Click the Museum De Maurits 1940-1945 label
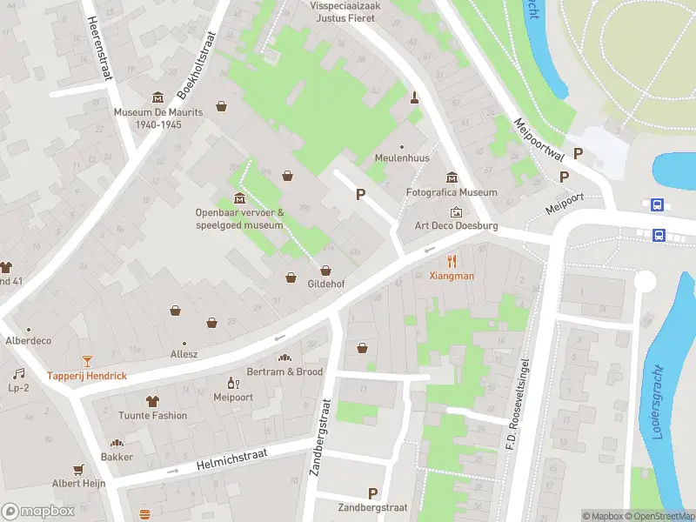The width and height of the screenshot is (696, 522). [158, 118]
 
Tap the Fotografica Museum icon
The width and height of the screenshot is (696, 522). [452, 177]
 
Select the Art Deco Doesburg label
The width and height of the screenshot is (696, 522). [456, 226]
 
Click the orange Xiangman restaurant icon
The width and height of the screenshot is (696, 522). [452, 260]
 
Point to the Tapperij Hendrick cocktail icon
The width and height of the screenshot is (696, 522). [87, 360]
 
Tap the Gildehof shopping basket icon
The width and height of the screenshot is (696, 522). [325, 270]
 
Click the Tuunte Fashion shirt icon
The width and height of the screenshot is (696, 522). [153, 401]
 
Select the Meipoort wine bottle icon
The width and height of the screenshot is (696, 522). [232, 382]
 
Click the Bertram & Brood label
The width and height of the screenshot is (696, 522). [284, 371]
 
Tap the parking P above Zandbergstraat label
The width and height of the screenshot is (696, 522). [373, 493]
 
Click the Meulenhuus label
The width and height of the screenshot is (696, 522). [401, 158]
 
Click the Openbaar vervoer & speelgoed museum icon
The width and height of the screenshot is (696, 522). [239, 195]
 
